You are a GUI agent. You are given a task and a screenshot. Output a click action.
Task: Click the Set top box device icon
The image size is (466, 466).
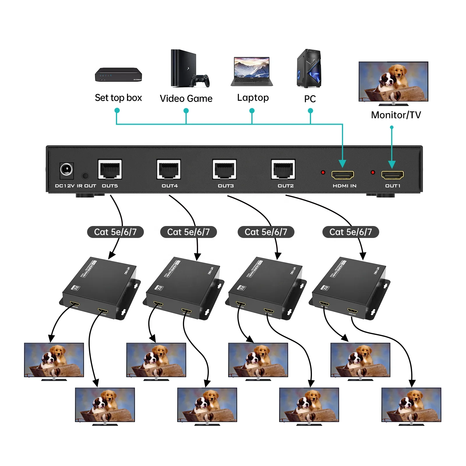(118, 75)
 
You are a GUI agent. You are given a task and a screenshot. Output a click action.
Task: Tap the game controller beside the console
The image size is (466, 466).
(200, 81)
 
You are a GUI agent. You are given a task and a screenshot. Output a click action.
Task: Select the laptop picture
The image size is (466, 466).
(252, 71)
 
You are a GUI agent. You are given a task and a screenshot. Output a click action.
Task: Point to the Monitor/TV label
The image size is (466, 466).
(396, 115)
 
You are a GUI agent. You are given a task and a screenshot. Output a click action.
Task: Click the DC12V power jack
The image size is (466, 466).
(66, 170)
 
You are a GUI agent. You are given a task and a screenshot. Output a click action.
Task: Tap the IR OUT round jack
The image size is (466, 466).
(85, 176)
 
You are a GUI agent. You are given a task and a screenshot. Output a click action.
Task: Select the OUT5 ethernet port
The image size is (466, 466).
(110, 169)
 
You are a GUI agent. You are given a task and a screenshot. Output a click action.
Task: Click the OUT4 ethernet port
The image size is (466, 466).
(169, 169)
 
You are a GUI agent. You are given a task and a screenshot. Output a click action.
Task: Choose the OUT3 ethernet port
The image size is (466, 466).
(225, 169)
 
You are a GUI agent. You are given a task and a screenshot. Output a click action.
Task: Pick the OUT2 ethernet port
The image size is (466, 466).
(283, 169)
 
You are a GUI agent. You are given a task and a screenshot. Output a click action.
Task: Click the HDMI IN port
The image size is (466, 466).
(343, 175)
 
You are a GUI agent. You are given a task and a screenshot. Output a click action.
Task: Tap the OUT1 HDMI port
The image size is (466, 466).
(393, 175)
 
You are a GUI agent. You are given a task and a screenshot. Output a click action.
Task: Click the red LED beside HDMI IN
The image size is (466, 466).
(323, 172)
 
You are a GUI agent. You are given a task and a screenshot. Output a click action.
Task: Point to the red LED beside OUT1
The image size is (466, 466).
(373, 172)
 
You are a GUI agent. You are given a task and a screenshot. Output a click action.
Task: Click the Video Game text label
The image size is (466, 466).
(186, 98)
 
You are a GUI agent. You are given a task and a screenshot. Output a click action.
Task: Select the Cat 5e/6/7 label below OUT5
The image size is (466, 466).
(115, 232)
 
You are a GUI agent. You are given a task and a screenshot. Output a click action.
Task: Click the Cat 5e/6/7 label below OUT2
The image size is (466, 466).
(351, 232)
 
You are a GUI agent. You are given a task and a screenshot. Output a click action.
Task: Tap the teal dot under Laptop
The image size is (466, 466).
(252, 111)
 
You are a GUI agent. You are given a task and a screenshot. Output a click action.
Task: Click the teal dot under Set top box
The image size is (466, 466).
(117, 110)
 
